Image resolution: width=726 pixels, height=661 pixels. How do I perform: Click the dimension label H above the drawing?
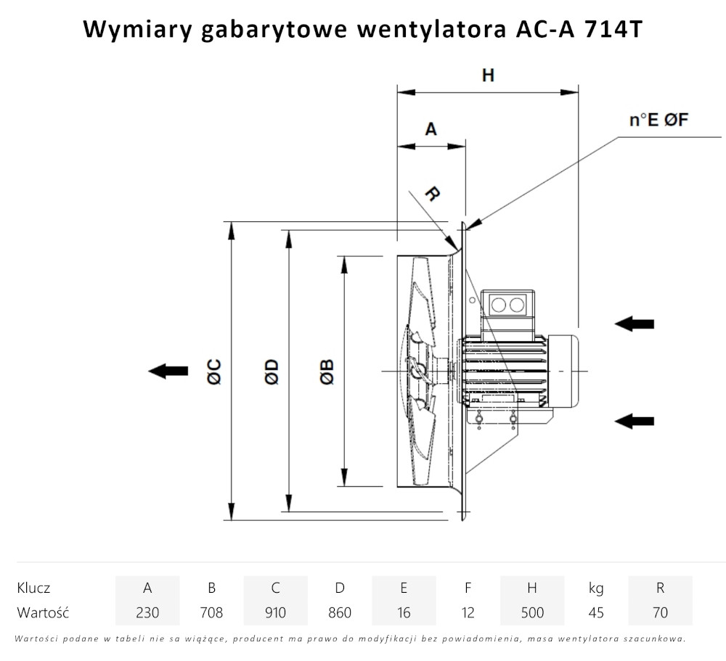coord(488,75)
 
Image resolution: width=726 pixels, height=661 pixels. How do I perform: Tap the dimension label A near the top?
coord(431,129)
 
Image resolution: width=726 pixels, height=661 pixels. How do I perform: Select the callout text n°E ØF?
coord(658,120)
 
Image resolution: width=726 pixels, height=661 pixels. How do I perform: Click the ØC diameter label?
coord(213,371)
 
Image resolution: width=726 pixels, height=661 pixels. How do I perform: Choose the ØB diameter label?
coord(326,371)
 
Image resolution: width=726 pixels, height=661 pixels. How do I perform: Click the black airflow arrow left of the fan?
coord(168,371)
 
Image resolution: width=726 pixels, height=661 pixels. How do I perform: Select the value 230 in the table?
coord(147,612)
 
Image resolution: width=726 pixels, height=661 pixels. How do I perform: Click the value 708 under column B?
coord(211,612)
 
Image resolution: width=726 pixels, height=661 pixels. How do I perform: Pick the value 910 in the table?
coord(275,612)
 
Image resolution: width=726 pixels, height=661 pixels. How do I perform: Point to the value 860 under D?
coord(339,612)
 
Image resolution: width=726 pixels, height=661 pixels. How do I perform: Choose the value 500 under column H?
coord(532,612)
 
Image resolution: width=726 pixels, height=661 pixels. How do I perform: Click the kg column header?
coord(596,588)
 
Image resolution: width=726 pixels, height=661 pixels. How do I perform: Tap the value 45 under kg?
coord(596,612)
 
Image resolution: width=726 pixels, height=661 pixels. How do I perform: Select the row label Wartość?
coord(43,612)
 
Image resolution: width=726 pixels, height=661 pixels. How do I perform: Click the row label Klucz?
coord(33,588)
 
